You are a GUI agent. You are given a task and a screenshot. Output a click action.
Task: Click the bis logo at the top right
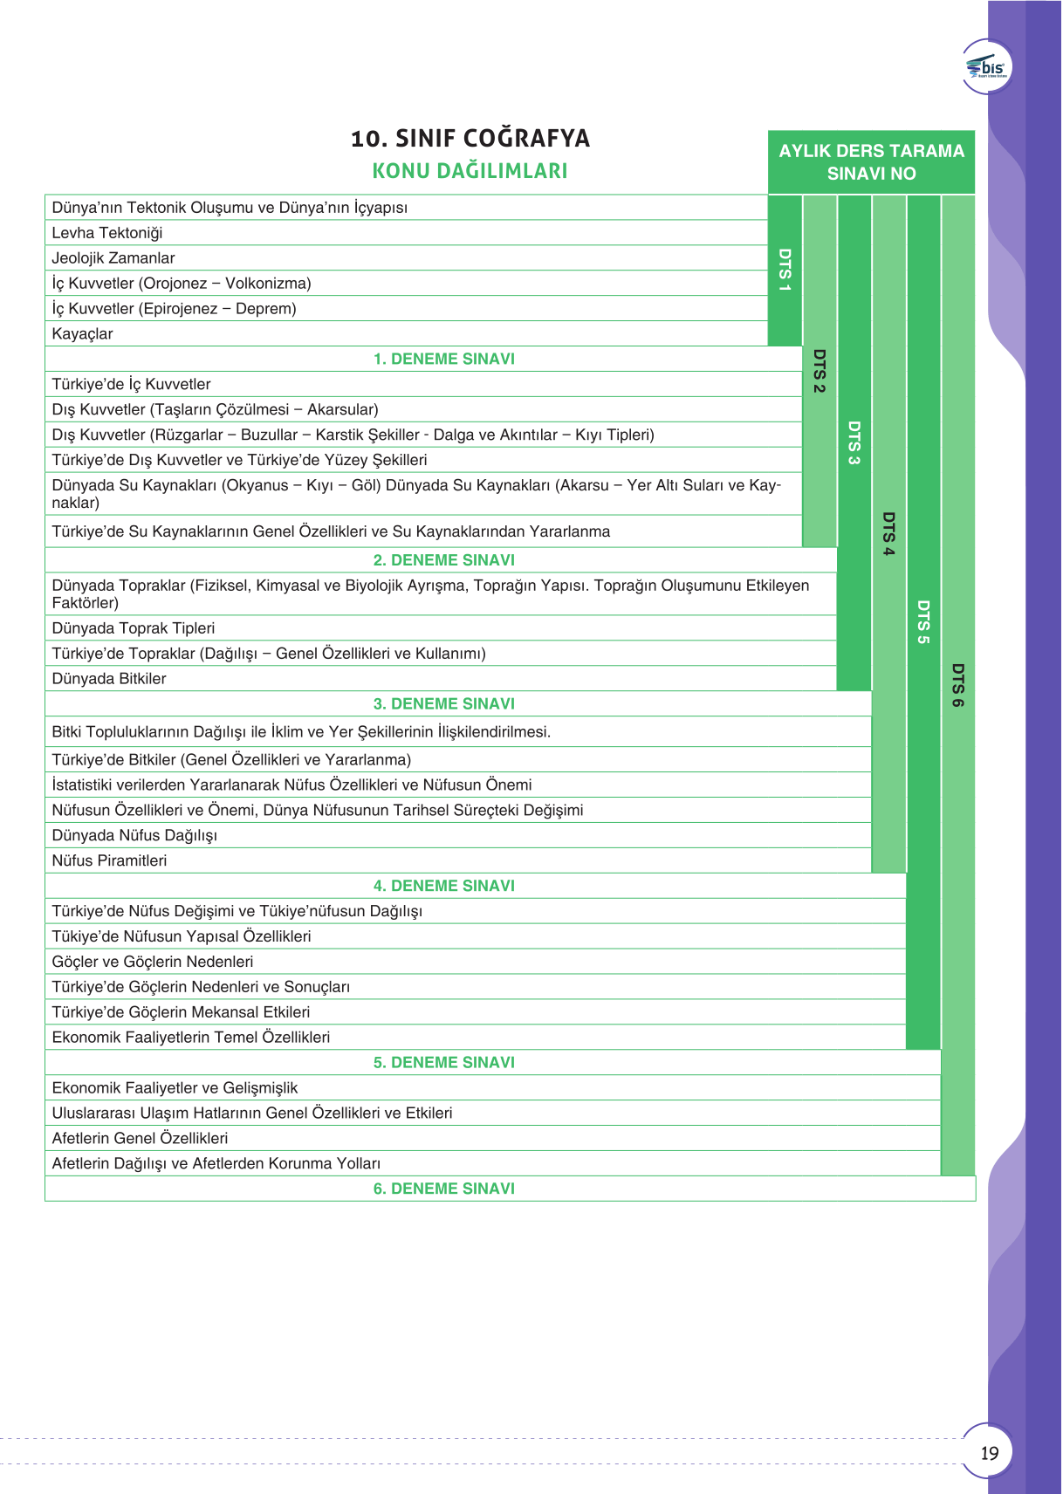point(987,67)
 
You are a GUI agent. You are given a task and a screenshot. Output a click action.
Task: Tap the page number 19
point(989,1453)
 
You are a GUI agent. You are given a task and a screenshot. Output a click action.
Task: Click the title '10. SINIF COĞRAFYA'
point(470,139)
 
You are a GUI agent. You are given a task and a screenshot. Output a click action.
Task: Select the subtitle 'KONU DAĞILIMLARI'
point(470,171)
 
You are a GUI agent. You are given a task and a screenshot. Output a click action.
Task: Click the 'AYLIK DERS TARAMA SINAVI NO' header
point(871,162)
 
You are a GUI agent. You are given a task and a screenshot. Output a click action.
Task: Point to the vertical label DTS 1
point(785,270)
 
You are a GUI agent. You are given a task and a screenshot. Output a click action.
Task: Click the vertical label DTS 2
point(820,371)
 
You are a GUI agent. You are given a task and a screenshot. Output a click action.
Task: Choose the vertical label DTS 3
point(854,442)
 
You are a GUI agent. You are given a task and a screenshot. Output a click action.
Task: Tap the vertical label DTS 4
point(888,533)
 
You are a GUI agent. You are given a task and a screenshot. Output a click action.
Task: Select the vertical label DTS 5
point(923,622)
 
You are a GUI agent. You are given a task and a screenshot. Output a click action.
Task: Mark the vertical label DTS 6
point(957,685)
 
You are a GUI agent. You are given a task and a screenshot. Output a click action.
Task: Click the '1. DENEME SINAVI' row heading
point(444,359)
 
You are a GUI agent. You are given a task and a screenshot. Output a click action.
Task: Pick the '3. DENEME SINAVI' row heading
point(444,703)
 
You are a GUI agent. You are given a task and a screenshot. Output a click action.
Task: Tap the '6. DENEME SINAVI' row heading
point(444,1189)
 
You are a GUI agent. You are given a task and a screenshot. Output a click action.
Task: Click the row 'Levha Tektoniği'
point(107,233)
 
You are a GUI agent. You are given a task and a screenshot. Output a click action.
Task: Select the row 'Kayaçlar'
point(83,334)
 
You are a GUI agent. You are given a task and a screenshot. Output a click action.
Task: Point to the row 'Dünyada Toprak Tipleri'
point(134,628)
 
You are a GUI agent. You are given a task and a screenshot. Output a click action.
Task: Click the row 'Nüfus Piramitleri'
point(110,860)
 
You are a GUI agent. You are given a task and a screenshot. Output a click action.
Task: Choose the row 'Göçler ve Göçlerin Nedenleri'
point(153,962)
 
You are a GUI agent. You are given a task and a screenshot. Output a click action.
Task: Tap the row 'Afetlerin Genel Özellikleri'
point(141,1138)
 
